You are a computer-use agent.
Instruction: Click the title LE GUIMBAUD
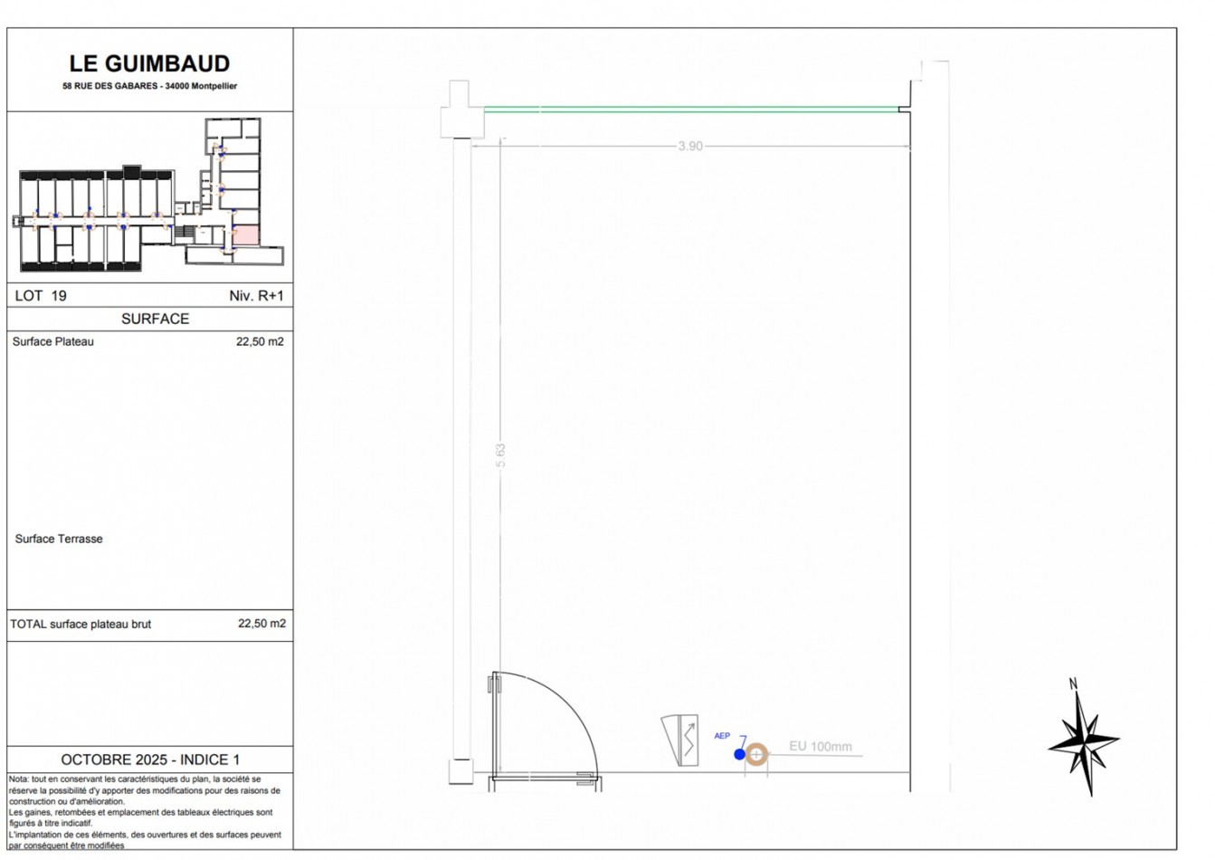[x=149, y=63]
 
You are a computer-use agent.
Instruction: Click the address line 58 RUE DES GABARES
[x=110, y=86]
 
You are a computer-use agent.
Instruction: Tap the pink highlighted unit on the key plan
[x=246, y=235]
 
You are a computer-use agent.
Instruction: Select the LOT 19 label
[x=41, y=296]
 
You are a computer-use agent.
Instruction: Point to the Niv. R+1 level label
[x=256, y=296]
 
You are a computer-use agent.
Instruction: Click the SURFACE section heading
[x=155, y=319]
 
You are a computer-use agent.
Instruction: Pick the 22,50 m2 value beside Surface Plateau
[x=260, y=341]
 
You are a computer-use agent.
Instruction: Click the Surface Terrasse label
[x=59, y=539]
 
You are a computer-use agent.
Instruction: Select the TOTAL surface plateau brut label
[x=81, y=624]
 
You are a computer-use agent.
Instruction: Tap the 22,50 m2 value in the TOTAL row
[x=262, y=624]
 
